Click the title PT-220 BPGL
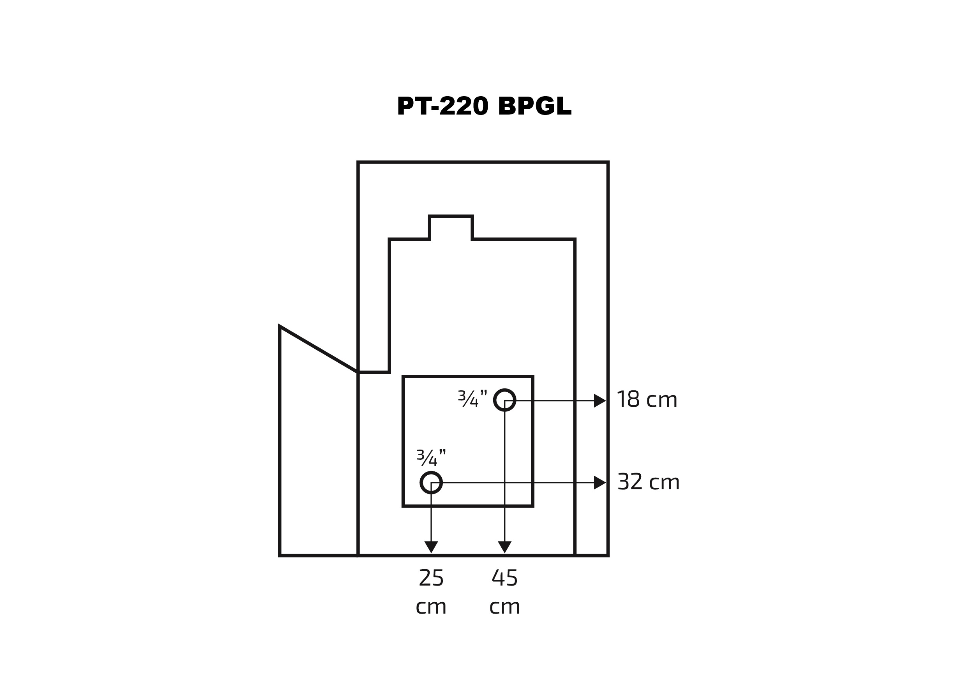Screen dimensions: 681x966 point(484,106)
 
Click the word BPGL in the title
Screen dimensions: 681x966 point(534,106)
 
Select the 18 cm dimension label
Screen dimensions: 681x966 point(647,400)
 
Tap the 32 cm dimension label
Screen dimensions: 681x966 point(648,482)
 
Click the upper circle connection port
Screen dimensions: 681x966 point(504,400)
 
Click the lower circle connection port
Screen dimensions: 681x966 point(431,482)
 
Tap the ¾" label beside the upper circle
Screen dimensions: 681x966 point(472,399)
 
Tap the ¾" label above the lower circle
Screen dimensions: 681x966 point(431,458)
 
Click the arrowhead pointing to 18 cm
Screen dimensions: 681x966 point(599,400)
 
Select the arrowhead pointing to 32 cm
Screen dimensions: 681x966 point(599,483)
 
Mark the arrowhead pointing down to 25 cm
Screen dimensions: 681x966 point(431,547)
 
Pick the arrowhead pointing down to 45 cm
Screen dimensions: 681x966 point(504,547)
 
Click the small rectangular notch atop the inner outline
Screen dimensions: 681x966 point(451,227)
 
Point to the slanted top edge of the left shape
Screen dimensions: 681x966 point(319,349)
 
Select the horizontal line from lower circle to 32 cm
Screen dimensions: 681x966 point(518,483)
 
